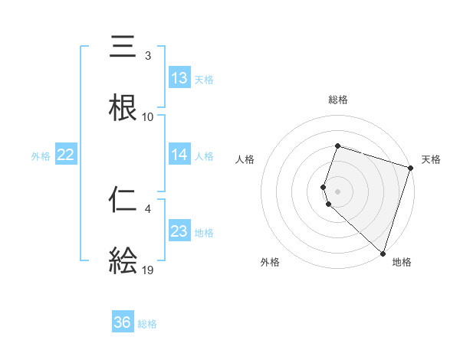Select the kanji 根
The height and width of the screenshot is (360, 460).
pos(123,107)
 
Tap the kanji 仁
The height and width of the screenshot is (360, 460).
pos(123,200)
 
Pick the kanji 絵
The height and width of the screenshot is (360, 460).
pos(123,261)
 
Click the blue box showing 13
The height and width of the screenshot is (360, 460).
pos(179,78)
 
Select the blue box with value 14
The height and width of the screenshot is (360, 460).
pos(179,155)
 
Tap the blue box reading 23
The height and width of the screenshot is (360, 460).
pos(179,231)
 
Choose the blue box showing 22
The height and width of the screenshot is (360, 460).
pos(65,155)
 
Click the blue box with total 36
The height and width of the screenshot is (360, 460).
pos(123,322)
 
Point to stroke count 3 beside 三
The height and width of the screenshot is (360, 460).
pos(148,55)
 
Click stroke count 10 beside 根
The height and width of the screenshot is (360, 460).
pos(148,116)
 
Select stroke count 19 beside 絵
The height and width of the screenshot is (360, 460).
pos(148,270)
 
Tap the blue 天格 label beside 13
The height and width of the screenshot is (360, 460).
pos(204,79)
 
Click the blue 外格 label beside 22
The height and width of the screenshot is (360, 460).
pos(41,155)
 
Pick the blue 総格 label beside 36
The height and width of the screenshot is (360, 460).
pos(147,323)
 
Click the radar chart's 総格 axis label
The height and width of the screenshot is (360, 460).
pos(338,100)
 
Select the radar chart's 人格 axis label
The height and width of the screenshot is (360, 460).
pos(245,159)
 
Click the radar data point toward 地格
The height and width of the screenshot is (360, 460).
pos(383,253)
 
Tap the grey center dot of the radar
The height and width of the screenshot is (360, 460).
pos(338,191)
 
